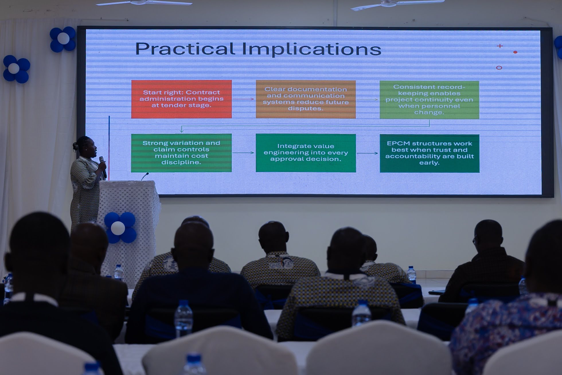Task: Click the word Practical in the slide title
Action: (185, 49)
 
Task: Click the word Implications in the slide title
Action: (312, 49)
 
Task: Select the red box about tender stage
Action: (181, 99)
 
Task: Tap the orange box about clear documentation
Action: (306, 99)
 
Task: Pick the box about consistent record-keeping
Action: (429, 100)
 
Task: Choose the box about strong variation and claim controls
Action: (181, 153)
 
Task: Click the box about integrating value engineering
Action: (306, 153)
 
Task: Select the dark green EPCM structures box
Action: (430, 153)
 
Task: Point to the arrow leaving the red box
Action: (243, 99)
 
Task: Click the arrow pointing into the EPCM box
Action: (367, 153)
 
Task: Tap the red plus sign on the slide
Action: (500, 46)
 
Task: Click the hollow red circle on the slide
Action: (499, 68)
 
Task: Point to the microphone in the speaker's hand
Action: (103, 167)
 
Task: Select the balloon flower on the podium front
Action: (120, 228)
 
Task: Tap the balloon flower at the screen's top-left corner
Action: (63, 39)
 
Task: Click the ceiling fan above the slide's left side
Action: (144, 3)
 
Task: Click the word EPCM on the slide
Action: (398, 143)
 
